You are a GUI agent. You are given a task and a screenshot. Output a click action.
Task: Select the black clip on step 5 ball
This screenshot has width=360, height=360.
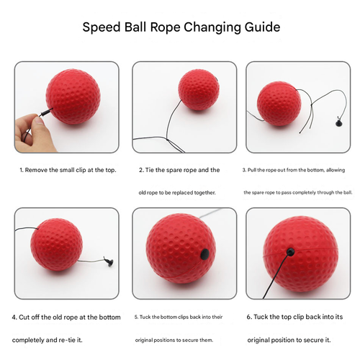point(204,253)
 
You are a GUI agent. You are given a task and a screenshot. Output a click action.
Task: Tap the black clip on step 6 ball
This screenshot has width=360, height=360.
point(290,251)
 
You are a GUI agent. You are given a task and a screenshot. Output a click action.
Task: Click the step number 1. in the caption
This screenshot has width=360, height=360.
point(21,171)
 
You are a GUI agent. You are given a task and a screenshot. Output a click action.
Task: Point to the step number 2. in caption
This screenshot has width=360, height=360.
point(141,171)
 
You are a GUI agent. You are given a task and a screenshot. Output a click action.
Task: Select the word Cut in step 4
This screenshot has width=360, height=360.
point(27,317)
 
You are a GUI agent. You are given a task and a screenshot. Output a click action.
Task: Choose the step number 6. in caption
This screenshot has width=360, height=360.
point(250,317)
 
